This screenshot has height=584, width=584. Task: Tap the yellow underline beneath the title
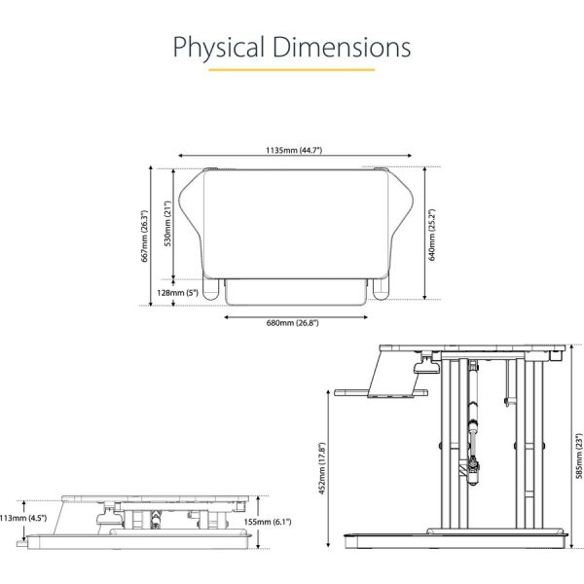[292, 71]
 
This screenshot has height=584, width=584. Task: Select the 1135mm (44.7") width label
[295, 151]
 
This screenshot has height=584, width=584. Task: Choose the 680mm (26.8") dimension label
[298, 323]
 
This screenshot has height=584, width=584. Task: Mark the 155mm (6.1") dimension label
[283, 522]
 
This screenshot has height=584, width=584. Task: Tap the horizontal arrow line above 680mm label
[298, 314]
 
